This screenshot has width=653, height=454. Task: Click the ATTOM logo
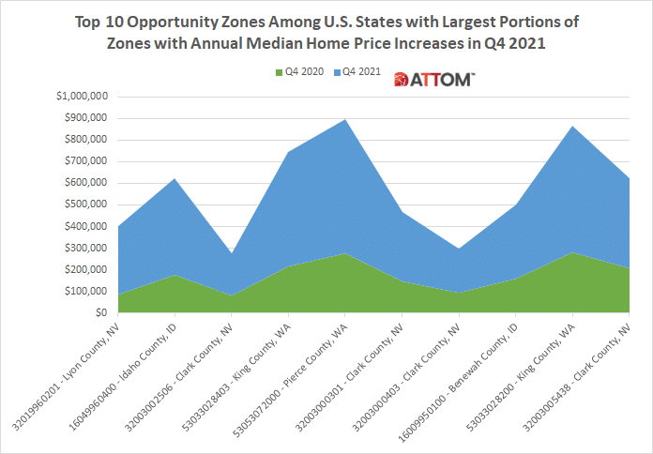pyautogui.click(x=434, y=81)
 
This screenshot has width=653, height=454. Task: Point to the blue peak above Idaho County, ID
pyautogui.click(x=175, y=178)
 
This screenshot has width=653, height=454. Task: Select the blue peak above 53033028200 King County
pyautogui.click(x=570, y=127)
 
